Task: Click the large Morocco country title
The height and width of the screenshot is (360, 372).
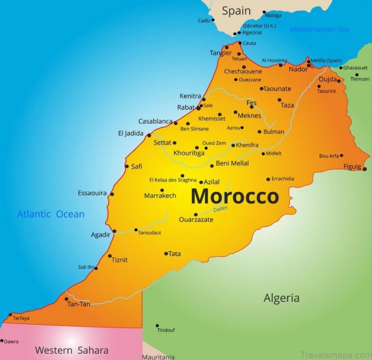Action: click(235, 196)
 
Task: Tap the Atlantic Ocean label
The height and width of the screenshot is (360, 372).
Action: click(51, 214)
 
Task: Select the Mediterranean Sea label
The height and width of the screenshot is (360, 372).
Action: click(319, 29)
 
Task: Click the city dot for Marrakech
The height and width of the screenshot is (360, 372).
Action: click(162, 190)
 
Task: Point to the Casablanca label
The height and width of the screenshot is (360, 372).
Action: click(155, 121)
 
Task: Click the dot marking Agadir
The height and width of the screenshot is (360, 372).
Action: click(114, 231)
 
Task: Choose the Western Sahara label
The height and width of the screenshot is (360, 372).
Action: click(72, 350)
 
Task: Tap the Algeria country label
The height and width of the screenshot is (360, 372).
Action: click(281, 298)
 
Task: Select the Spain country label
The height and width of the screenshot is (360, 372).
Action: click(236, 11)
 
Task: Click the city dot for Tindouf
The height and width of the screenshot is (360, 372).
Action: click(157, 326)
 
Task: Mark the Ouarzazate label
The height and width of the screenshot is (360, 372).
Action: click(196, 220)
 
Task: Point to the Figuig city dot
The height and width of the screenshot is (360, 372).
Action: click(364, 169)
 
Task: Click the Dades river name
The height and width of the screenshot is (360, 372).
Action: click(220, 209)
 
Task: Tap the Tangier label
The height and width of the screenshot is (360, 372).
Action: click(221, 53)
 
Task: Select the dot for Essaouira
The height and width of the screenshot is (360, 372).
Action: click(112, 194)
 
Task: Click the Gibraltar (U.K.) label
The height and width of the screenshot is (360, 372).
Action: click(259, 25)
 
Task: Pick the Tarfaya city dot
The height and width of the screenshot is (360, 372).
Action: click(10, 315)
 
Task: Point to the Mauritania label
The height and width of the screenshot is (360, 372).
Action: click(158, 357)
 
